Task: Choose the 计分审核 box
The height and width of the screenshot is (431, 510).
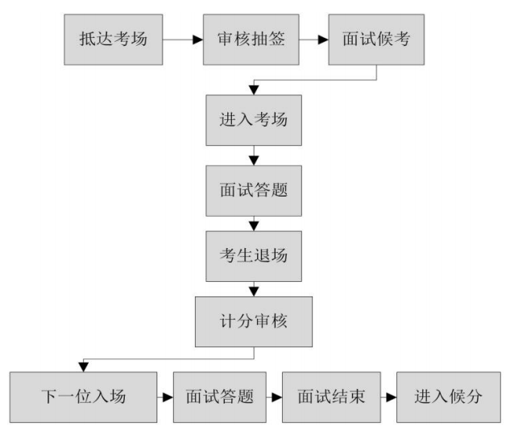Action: tap(254, 322)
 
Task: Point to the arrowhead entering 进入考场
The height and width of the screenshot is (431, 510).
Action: tap(254, 91)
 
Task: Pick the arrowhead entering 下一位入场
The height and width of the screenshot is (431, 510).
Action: tap(81, 367)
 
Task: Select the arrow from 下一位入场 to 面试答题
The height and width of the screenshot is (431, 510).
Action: tap(165, 397)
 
